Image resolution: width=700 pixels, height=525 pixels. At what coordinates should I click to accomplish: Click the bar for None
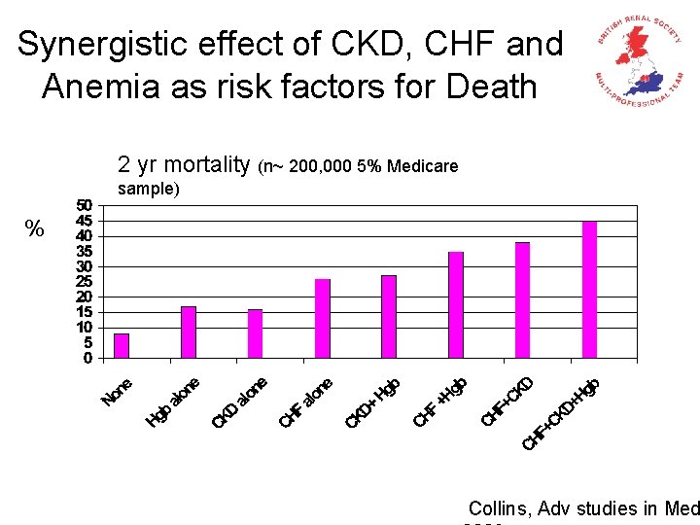coord(122,346)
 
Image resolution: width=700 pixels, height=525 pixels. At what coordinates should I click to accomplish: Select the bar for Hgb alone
coord(189,332)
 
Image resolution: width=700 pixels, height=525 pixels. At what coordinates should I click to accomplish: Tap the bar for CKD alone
coord(256,333)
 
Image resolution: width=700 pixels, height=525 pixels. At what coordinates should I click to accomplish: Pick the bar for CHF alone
coord(323,319)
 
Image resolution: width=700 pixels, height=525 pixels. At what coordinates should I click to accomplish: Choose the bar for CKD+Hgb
coord(389,317)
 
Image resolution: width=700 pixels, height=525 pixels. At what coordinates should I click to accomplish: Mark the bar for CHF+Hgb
coord(456,305)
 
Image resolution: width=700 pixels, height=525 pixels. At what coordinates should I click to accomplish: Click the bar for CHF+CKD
coord(523,300)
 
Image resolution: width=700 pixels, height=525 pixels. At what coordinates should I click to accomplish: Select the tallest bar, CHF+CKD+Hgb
coord(589,290)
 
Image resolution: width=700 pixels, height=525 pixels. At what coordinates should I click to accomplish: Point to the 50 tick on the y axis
coord(85,206)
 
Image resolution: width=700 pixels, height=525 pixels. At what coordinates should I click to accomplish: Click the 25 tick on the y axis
coord(85,282)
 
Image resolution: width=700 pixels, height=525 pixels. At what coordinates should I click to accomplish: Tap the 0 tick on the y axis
coord(88,358)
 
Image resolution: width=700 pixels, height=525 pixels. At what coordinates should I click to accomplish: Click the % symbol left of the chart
coord(35,229)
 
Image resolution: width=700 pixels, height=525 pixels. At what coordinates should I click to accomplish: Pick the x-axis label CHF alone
coord(306,402)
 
